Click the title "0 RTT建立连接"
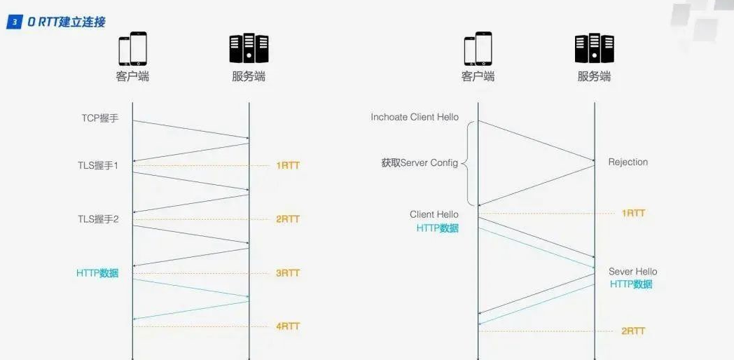tap(67, 22)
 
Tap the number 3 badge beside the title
tap(14, 22)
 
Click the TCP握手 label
tap(99, 118)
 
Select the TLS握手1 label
tap(98, 166)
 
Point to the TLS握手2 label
tap(98, 219)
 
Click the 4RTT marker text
tap(287, 326)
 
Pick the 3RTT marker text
tap(287, 273)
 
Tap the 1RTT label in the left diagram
tap(287, 166)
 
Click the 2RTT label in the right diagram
tap(633, 331)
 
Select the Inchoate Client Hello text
tap(415, 117)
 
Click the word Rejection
tap(628, 162)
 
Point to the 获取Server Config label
tap(420, 163)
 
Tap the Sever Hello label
tap(632, 272)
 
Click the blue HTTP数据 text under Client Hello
tap(438, 228)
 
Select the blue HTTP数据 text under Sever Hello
tap(631, 284)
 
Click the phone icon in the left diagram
tap(132, 49)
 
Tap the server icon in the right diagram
tap(594, 49)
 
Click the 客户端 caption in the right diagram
tap(478, 76)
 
